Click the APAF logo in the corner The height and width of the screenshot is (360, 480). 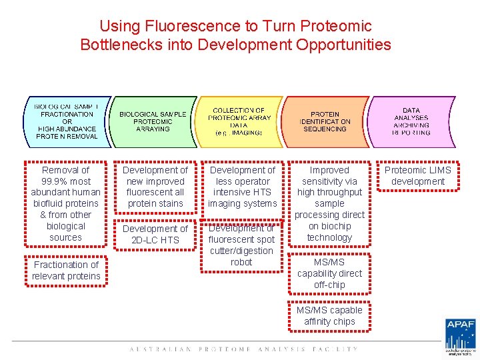(460, 337)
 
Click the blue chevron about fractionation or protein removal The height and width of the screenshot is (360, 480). (67, 121)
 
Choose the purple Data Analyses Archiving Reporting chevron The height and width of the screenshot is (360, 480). (411, 121)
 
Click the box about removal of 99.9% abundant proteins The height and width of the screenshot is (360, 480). (65, 203)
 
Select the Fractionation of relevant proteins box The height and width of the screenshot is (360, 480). (65, 270)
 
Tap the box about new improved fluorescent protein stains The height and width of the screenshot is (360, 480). (155, 187)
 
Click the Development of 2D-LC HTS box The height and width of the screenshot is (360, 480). (155, 234)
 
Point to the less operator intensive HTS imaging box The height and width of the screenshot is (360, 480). (242, 187)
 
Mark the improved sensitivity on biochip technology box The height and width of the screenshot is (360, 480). (329, 203)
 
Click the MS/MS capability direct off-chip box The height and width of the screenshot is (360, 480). (329, 273)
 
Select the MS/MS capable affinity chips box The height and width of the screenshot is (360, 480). (329, 315)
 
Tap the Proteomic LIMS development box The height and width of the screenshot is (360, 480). (417, 175)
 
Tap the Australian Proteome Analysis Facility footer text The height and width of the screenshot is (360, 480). (243, 349)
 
